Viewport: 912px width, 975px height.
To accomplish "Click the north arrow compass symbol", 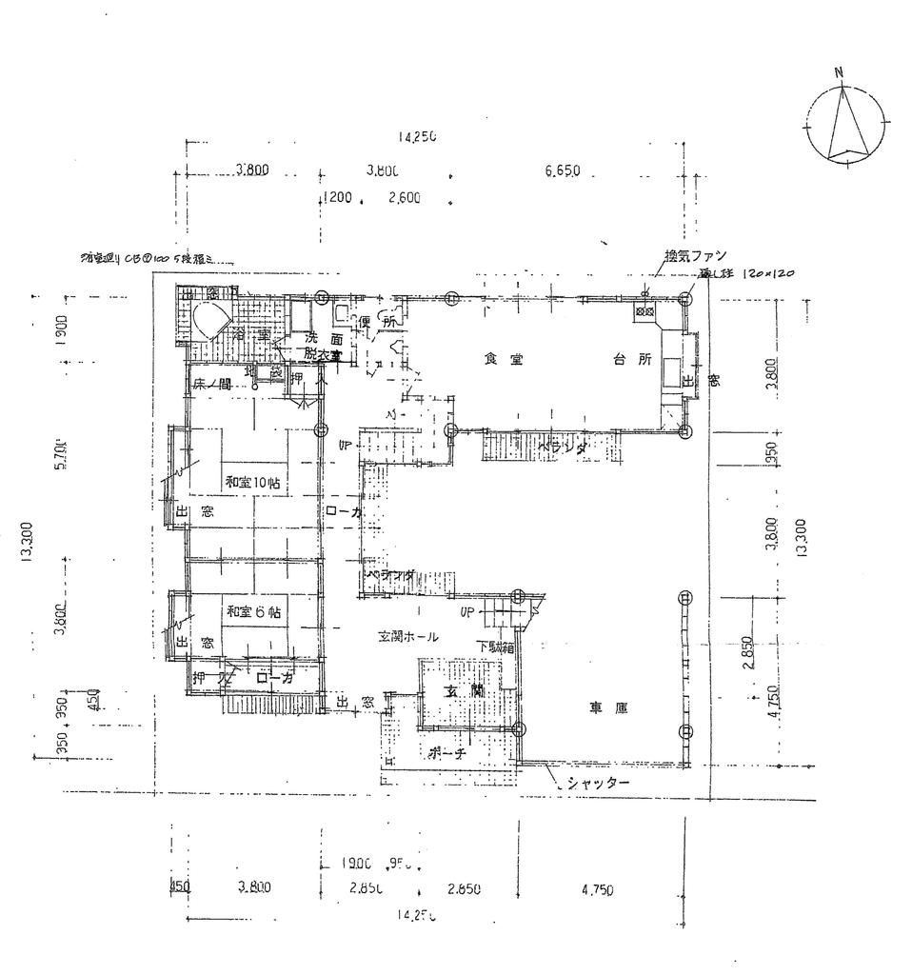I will (846, 127).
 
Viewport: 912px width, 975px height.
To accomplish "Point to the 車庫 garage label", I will (606, 707).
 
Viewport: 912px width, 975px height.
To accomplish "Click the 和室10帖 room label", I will (252, 482).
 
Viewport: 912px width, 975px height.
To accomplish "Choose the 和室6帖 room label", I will (254, 610).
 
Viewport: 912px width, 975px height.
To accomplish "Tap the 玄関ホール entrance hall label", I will (407, 636).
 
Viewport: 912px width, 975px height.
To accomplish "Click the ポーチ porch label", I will (447, 751).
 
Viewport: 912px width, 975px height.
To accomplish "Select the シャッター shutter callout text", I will (597, 783).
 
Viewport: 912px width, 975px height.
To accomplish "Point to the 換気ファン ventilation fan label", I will (695, 255).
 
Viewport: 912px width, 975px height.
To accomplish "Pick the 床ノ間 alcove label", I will (212, 386).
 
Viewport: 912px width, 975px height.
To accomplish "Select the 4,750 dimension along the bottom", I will (597, 890).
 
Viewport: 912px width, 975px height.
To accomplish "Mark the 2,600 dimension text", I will (406, 199).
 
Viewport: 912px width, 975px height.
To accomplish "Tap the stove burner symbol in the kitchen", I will (644, 311).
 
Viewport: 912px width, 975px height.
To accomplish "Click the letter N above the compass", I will (839, 72).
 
